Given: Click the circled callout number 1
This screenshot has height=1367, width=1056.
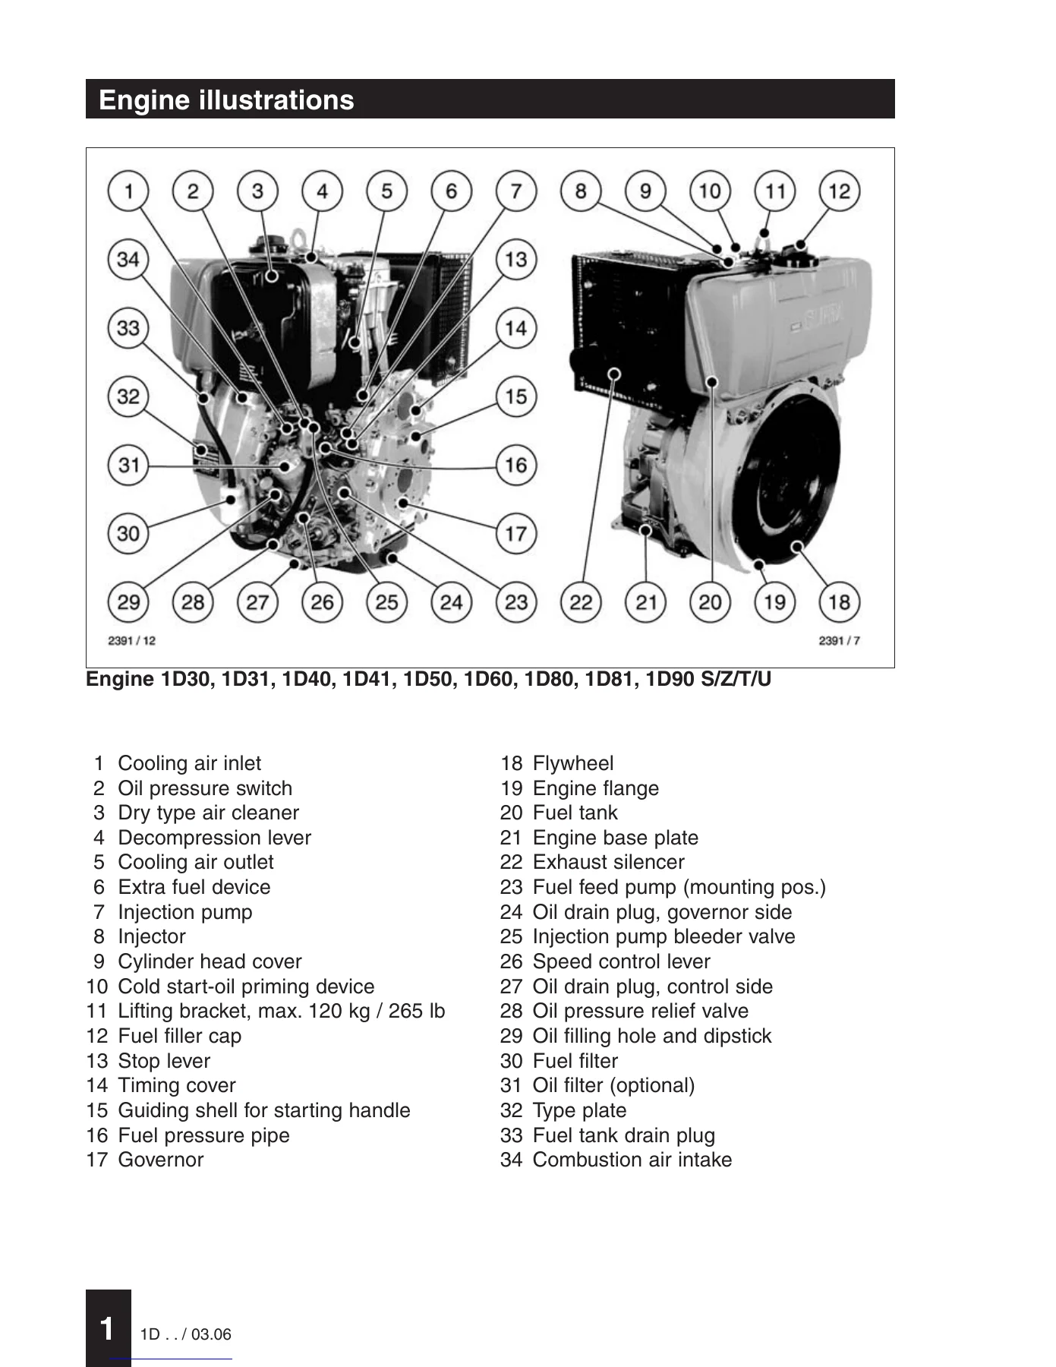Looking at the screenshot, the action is (x=128, y=191).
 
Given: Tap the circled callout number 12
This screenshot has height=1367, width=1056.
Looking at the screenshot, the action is (x=839, y=191).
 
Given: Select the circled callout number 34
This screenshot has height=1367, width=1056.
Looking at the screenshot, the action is (x=128, y=259).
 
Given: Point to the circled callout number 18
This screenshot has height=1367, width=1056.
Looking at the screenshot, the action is (x=839, y=602).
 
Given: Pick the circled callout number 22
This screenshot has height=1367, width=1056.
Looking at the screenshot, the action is (x=581, y=602).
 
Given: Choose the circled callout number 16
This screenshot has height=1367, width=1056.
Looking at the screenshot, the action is (x=516, y=465).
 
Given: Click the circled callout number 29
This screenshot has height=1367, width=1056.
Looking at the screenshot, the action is (x=128, y=602).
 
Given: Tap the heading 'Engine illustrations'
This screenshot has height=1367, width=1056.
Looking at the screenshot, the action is (x=226, y=100).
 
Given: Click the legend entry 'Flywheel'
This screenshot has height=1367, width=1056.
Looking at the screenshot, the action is (x=573, y=763).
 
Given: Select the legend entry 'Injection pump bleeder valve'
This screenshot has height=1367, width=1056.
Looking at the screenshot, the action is (x=664, y=936).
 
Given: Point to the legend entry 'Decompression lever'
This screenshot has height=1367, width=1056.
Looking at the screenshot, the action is (x=214, y=838).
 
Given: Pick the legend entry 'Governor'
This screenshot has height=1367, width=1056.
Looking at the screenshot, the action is (x=160, y=1160).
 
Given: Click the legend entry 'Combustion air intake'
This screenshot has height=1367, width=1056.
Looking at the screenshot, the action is (x=632, y=1160).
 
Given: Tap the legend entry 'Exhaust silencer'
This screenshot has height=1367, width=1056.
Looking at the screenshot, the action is (x=608, y=862).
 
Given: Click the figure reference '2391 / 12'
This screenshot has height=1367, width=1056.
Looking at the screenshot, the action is (x=131, y=641).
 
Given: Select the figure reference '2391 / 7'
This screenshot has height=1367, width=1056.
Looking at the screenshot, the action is (x=840, y=641).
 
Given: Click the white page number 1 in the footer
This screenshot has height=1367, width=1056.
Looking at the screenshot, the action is (x=108, y=1328).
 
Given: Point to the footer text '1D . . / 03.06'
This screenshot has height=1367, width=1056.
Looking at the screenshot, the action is (x=186, y=1334).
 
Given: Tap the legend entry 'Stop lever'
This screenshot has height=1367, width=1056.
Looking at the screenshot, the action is (x=164, y=1061).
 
